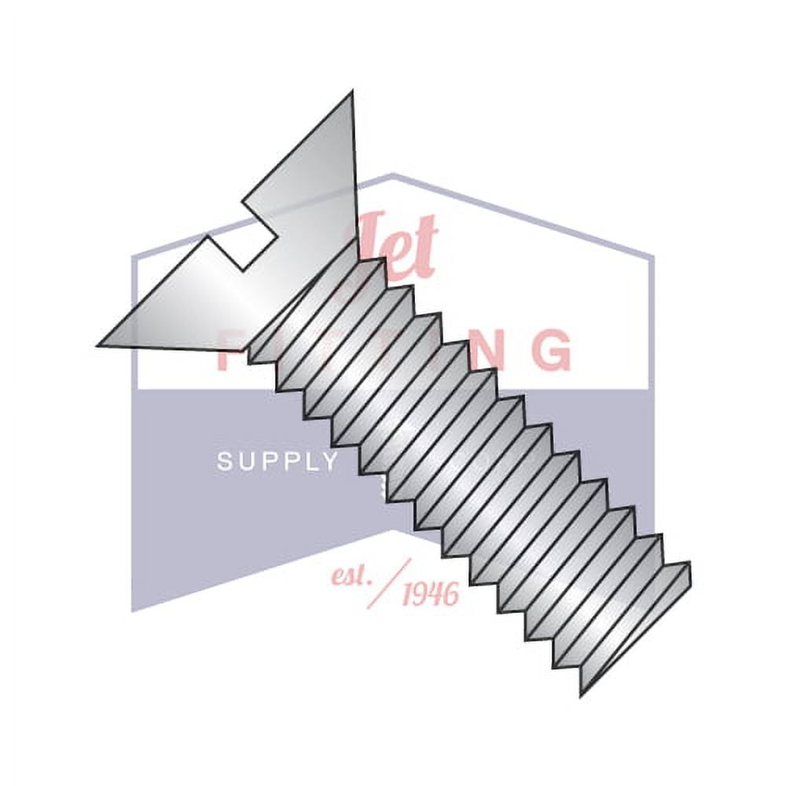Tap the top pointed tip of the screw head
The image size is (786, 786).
pos(351,94)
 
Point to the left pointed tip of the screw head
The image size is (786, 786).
pos(101,344)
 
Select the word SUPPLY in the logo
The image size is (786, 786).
pos(277,462)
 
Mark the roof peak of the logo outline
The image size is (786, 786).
pos(392,174)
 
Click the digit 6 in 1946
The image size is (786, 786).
pos(450,596)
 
